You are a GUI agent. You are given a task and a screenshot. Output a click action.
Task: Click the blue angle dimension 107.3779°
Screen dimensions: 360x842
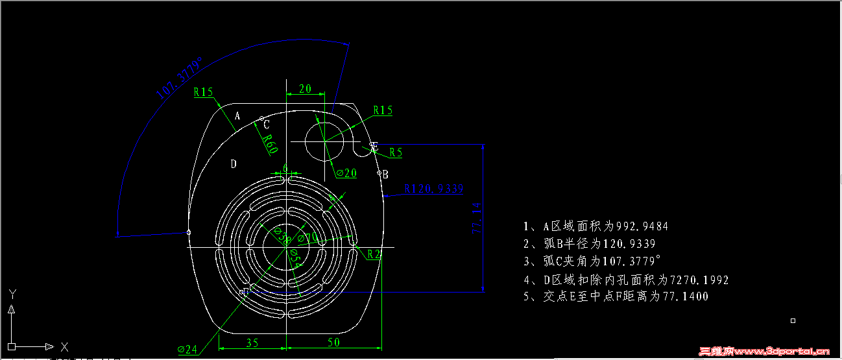[x=179, y=77]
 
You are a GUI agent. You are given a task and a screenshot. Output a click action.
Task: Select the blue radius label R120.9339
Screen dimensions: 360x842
[x=434, y=189]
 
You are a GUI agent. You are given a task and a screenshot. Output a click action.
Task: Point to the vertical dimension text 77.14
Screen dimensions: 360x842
[x=477, y=217]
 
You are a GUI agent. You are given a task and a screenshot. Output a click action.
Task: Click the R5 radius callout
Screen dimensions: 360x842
[x=396, y=152]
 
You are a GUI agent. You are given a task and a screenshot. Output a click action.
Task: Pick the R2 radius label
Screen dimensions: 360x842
[x=374, y=254]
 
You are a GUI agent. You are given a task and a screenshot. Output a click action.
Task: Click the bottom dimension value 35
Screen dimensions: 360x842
[x=252, y=342]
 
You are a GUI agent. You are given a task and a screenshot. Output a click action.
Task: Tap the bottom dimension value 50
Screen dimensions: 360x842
[x=333, y=342]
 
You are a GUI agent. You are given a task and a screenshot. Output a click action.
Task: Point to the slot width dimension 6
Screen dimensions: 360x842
[x=285, y=168]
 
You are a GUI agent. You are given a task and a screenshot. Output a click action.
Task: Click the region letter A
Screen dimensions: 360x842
[x=237, y=116]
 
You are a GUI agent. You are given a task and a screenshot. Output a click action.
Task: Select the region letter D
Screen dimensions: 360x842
[x=234, y=164]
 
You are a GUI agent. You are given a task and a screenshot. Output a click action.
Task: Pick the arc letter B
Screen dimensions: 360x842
[x=385, y=174]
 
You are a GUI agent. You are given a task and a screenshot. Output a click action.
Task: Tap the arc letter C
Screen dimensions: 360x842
[x=267, y=125]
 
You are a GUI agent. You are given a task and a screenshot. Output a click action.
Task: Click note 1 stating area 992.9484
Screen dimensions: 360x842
[x=595, y=226]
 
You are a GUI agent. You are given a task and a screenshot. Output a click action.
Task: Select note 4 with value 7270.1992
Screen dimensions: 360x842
[x=626, y=280]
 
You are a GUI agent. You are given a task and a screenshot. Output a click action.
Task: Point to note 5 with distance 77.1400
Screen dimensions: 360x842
[x=616, y=296]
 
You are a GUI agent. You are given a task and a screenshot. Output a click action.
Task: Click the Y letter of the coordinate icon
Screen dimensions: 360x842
[x=12, y=294]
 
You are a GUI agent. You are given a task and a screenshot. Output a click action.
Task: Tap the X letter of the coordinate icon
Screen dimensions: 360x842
[x=64, y=346]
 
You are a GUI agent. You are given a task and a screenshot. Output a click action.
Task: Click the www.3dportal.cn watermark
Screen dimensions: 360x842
[x=765, y=352]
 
